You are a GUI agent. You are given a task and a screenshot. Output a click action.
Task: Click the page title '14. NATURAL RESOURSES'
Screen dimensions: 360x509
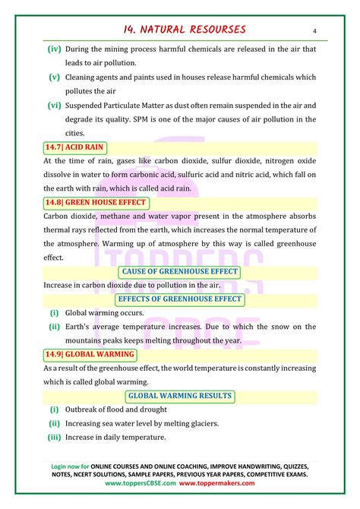point(185,30)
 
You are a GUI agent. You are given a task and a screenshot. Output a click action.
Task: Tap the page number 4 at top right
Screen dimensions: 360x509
point(314,31)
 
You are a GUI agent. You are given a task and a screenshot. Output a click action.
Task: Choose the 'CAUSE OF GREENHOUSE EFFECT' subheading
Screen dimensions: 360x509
point(179,272)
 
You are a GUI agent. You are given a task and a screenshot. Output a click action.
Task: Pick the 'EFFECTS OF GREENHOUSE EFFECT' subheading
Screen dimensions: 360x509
point(179,299)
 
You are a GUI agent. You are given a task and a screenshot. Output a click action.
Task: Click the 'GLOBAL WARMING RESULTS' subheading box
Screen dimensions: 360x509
point(179,396)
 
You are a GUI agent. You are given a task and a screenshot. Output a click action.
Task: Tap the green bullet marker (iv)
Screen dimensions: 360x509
point(55,49)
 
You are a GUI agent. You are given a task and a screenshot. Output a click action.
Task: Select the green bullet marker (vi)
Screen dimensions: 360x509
point(55,105)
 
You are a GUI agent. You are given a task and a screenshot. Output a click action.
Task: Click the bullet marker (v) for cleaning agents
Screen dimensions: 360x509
point(55,77)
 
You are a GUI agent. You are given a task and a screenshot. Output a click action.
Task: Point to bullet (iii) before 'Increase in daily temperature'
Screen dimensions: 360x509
point(54,437)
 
